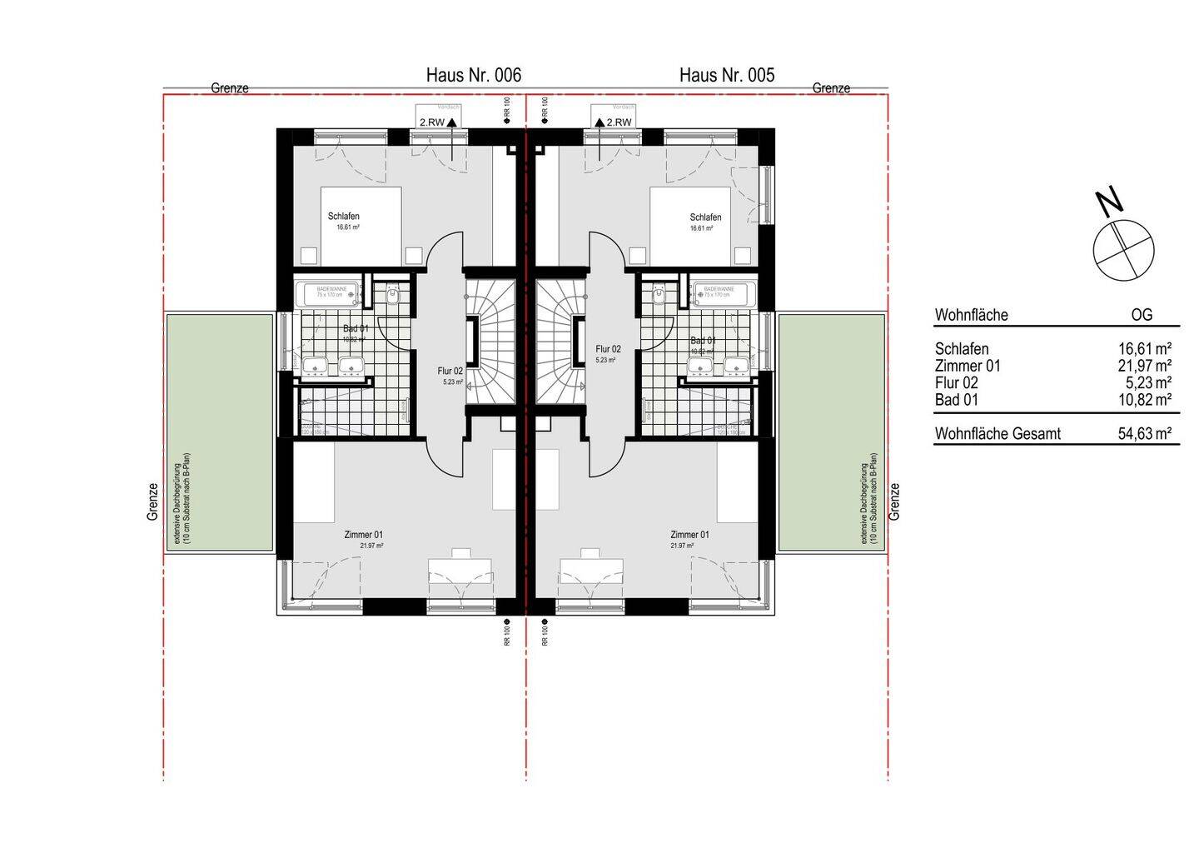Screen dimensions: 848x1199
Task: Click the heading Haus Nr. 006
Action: point(473,75)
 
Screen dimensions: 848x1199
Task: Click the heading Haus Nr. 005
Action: point(726,75)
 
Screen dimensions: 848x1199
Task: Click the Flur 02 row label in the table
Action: point(956,383)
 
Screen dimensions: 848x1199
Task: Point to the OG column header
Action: point(1142,315)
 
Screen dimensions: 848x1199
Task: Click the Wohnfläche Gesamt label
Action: point(998,434)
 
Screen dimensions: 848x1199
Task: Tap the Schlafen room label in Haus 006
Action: point(343,217)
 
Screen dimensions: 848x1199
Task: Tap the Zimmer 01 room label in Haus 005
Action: point(689,535)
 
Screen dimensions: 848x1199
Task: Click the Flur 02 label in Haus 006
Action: point(450,372)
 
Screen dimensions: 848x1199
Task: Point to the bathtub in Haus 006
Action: point(327,294)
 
